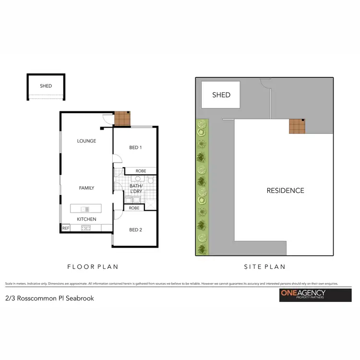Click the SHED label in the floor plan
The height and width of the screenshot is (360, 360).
[46, 86]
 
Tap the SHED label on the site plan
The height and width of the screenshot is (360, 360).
[221, 95]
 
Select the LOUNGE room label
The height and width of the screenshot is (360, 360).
[86, 141]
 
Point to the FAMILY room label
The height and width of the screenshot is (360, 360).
[86, 188]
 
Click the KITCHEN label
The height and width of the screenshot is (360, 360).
[86, 219]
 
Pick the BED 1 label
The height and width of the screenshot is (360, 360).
[135, 148]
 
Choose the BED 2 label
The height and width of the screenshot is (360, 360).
[135, 230]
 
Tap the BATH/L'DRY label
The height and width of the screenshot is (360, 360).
[136, 188]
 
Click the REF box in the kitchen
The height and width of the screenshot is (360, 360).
[66, 228]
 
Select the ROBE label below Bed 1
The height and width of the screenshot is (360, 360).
[141, 171]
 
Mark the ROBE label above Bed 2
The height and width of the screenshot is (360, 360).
[134, 208]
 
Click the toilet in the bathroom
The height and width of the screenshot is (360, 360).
[151, 180]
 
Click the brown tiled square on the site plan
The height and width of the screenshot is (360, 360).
[297, 126]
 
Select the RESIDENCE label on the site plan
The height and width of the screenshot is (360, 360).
[285, 191]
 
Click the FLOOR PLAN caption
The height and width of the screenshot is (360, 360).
[93, 266]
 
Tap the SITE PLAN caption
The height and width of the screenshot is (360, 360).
[264, 266]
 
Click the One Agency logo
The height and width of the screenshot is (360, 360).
[309, 295]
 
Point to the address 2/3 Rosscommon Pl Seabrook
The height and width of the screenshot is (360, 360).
[49, 298]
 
